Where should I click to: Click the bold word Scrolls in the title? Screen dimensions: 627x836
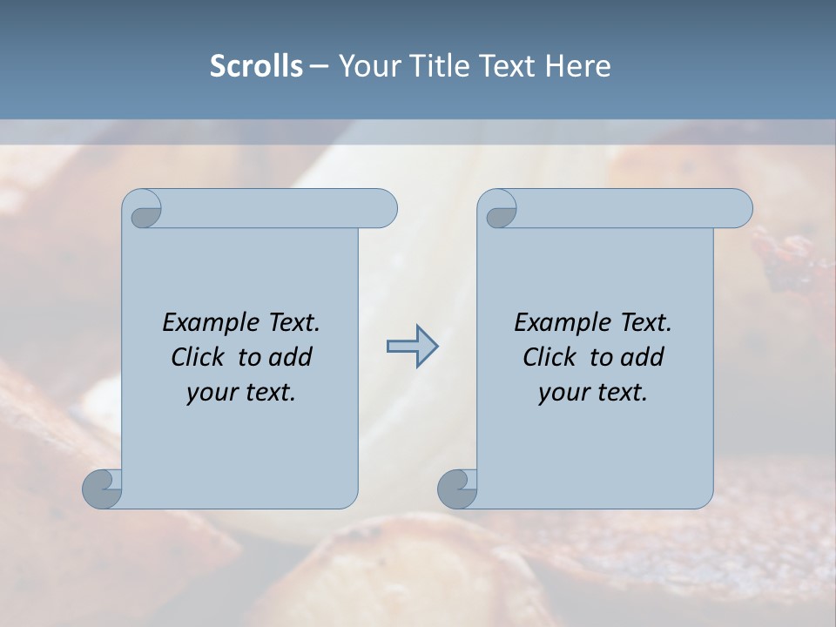[x=256, y=66]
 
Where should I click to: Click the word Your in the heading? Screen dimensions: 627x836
[x=367, y=66]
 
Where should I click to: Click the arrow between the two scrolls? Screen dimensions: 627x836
[x=412, y=347]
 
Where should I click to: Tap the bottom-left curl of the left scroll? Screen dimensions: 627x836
[x=103, y=489]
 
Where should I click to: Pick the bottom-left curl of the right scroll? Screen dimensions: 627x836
[x=458, y=489]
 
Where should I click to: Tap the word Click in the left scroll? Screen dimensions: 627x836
[x=190, y=357]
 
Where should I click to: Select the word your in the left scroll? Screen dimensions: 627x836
[x=211, y=393]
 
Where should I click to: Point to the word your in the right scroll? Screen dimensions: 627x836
[x=563, y=393]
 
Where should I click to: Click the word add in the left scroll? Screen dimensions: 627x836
[x=291, y=357]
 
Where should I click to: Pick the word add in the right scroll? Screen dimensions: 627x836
[x=643, y=357]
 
